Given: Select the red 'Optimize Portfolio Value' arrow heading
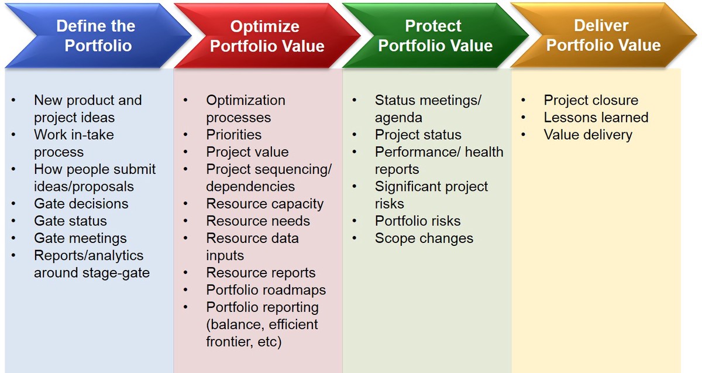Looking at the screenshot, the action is [267, 36].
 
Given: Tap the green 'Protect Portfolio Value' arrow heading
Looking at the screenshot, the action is [436, 36].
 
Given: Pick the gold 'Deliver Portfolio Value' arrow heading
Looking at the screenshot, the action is [604, 35].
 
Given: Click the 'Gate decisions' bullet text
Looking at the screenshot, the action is [81, 204].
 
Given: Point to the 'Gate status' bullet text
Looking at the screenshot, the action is [71, 221].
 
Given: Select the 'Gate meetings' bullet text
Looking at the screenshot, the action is [80, 238].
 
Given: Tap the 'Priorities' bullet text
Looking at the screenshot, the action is [234, 135].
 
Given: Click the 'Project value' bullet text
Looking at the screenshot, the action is [247, 152].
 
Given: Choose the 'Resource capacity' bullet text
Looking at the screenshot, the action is [265, 204].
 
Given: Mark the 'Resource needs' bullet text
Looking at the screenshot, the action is [258, 221].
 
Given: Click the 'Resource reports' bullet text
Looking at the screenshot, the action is [261, 273].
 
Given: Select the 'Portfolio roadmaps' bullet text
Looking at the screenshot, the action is [266, 290].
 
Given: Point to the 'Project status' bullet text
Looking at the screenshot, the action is [418, 135].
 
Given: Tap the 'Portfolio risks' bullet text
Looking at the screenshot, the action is [418, 221].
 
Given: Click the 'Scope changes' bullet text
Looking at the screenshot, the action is [424, 238].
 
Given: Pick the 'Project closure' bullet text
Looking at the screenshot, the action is [591, 100].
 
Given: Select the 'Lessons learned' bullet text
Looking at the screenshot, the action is [596, 118].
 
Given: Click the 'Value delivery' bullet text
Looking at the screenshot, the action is [588, 135].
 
